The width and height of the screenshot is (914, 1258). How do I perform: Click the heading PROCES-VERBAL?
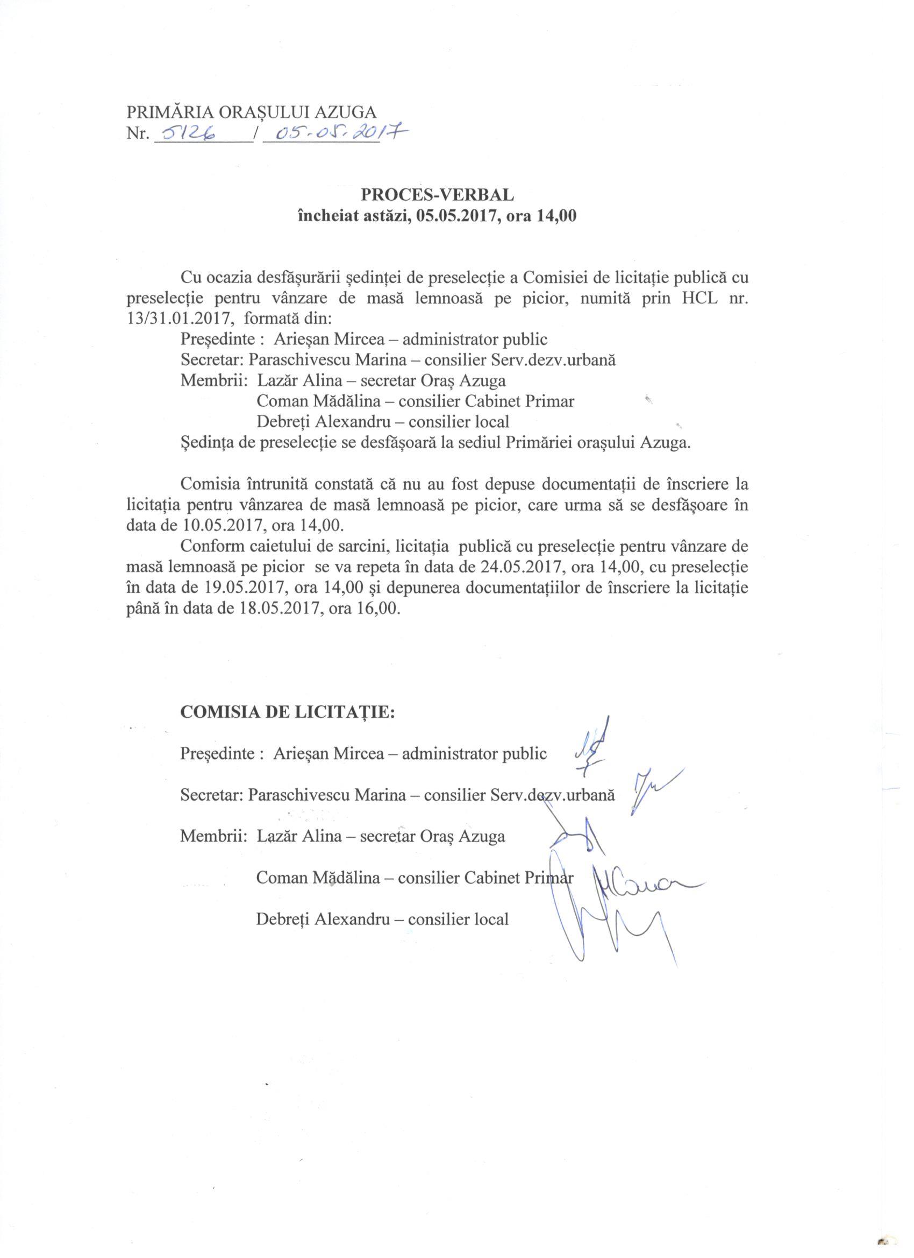pyautogui.click(x=437, y=194)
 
